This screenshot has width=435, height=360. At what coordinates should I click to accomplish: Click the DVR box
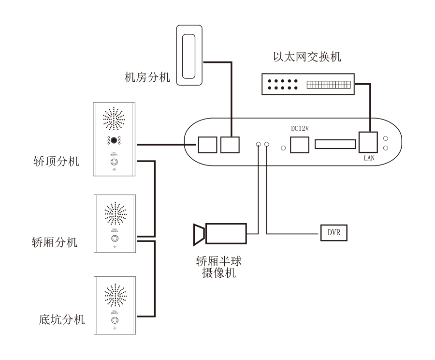point(334,233)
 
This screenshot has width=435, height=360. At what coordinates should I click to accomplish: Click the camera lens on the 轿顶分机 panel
point(114,140)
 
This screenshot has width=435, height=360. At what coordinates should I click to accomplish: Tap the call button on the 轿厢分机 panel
point(115,239)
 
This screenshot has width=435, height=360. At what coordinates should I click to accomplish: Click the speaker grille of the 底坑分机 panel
point(115,295)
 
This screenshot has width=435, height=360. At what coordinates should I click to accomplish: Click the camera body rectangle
point(226,233)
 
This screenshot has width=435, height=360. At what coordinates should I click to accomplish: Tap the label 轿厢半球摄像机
point(219,267)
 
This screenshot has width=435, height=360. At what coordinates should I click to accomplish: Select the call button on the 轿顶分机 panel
point(114,163)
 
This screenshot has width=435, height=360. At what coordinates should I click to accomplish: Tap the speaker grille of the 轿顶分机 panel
point(114,119)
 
